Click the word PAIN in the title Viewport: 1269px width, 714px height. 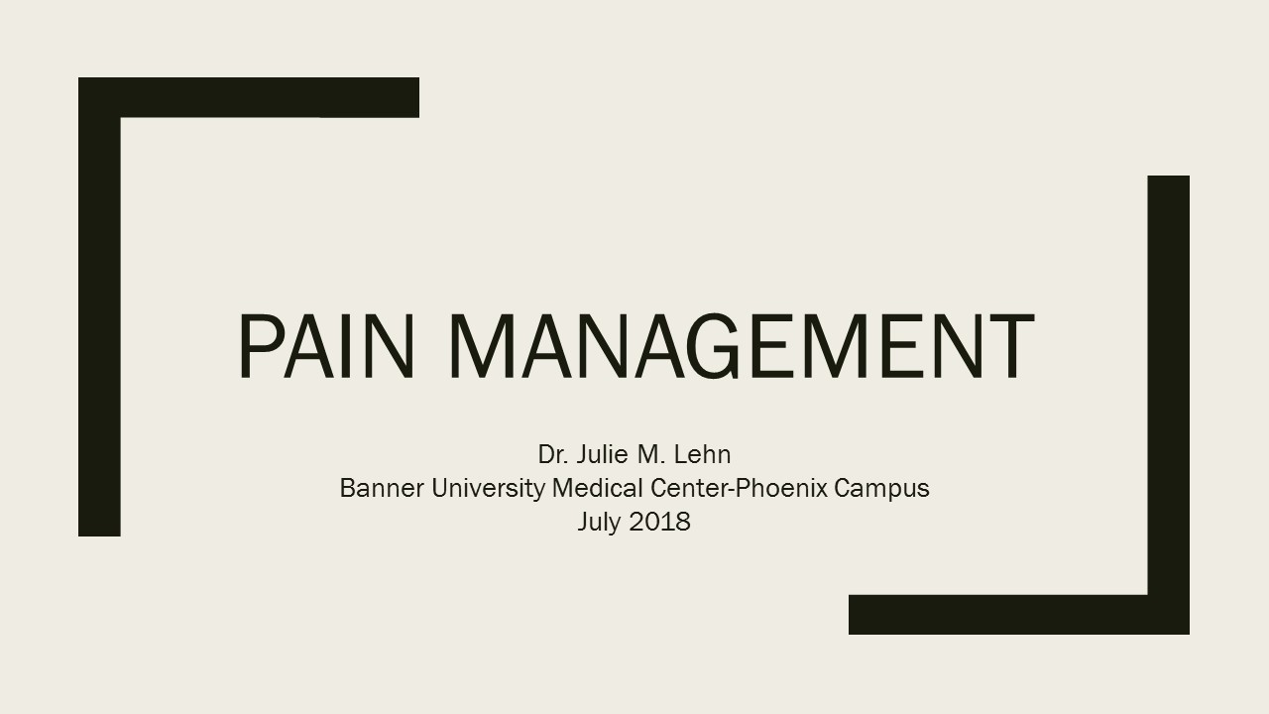(326, 346)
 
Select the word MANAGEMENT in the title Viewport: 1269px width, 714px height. (742, 346)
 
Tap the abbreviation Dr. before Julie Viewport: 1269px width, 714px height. (553, 454)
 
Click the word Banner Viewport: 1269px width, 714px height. (382, 488)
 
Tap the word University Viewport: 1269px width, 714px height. (489, 490)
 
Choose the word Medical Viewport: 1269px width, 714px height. (597, 488)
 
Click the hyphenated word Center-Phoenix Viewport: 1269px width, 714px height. (739, 488)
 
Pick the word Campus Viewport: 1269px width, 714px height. (882, 490)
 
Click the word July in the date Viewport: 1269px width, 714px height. (599, 523)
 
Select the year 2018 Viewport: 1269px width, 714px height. (659, 522)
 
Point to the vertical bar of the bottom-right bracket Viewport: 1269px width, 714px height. (1169, 405)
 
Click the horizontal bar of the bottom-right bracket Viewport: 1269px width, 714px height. (1019, 614)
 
